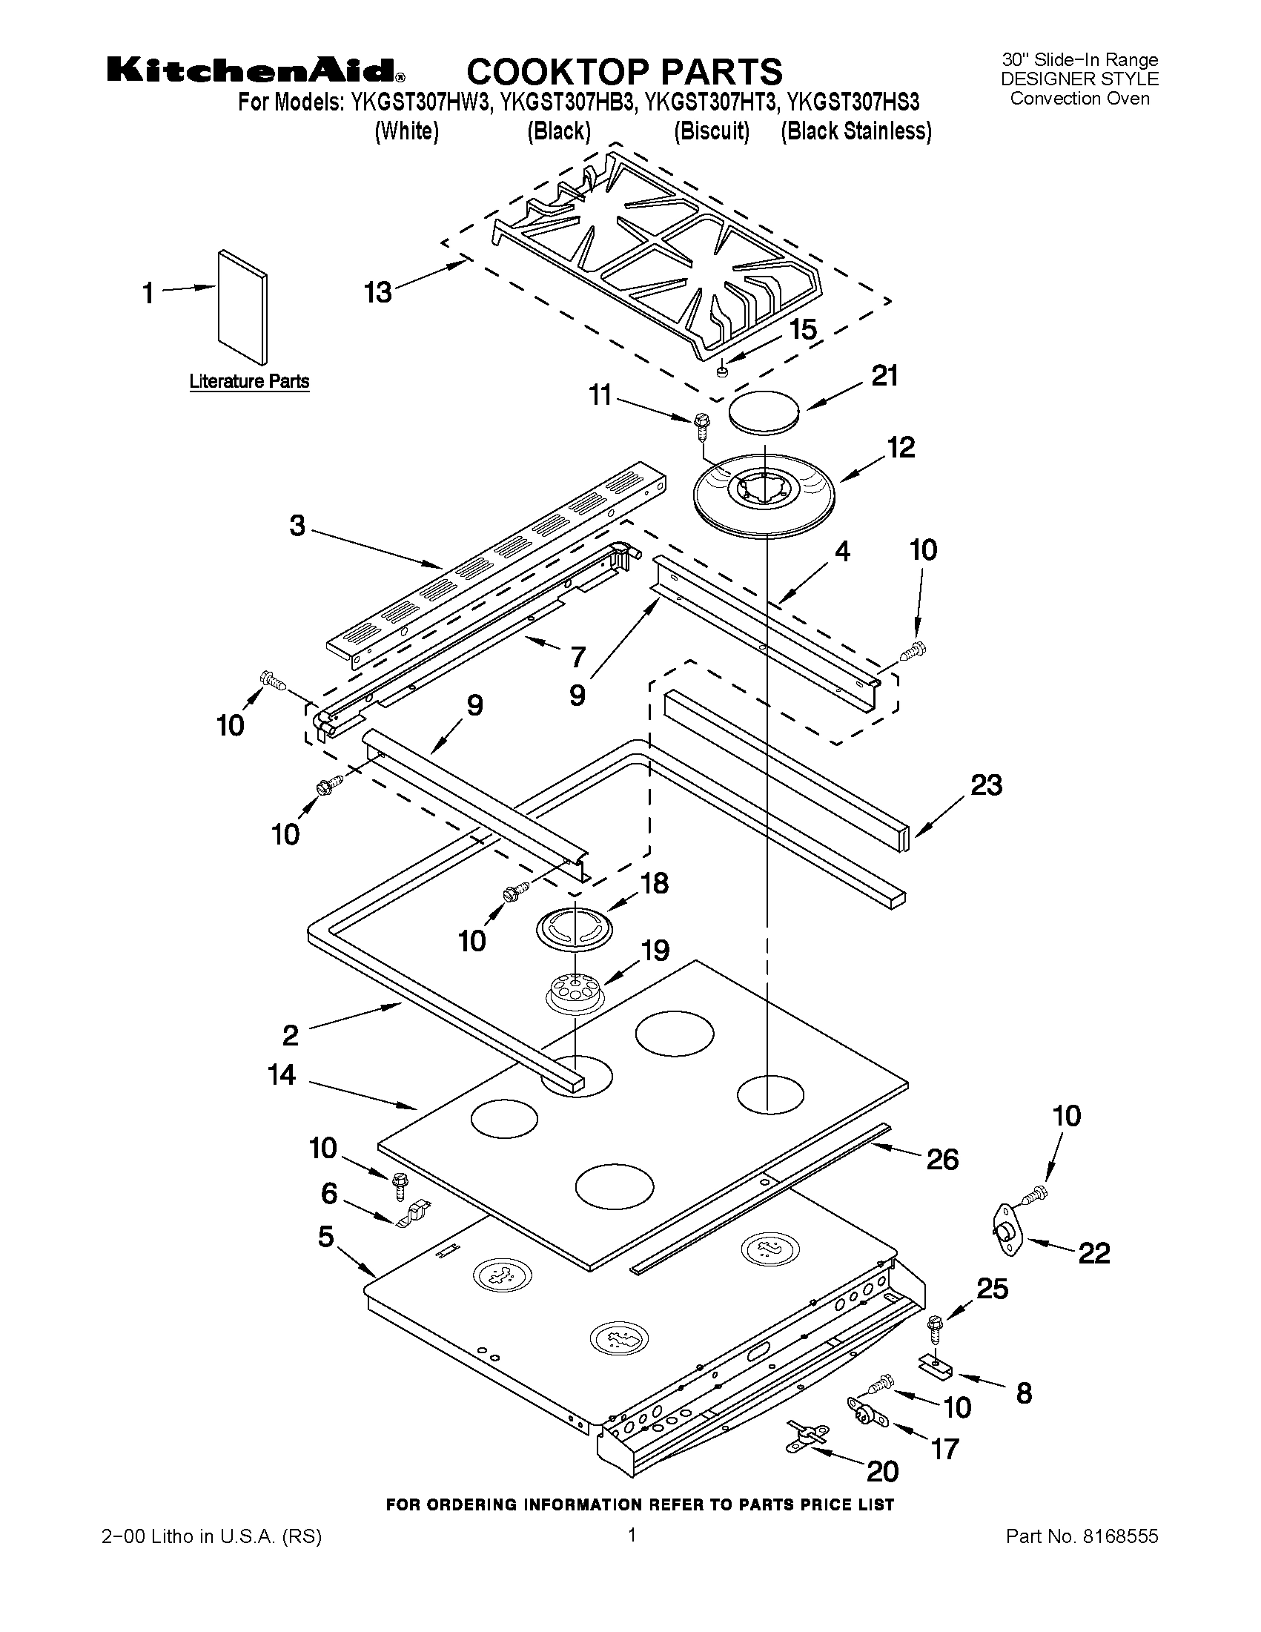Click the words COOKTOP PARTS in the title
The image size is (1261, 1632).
click(624, 72)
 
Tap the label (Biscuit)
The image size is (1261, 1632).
click(710, 131)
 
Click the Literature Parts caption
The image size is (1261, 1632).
click(249, 382)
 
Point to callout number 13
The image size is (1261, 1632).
click(378, 292)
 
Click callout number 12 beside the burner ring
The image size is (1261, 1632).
click(900, 448)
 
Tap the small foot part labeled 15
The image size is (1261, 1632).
click(721, 371)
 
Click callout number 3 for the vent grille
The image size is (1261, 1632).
click(297, 526)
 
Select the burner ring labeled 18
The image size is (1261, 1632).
click(575, 928)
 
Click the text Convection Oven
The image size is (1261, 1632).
click(1079, 99)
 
